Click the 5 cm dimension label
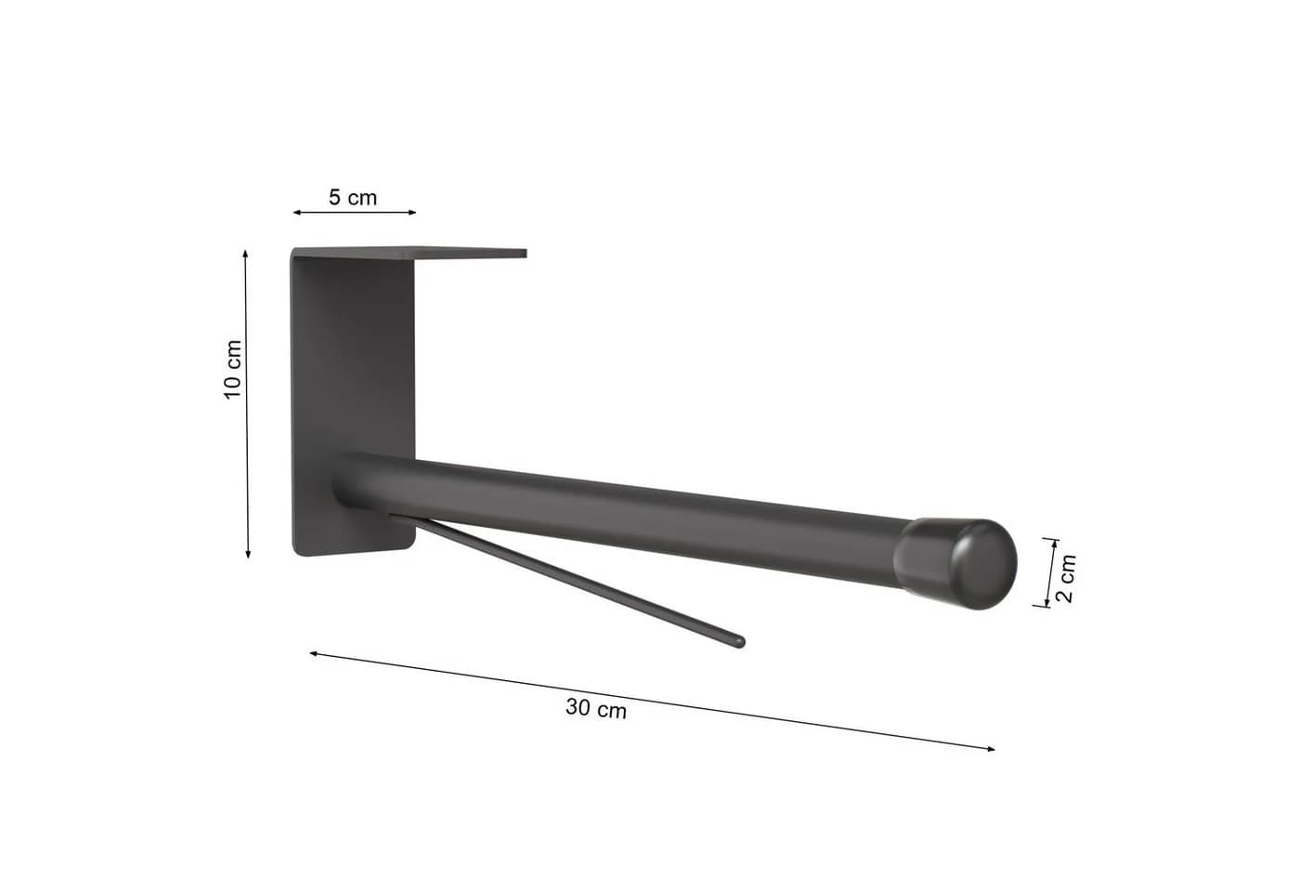pos(353,197)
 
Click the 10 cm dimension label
pos(232,370)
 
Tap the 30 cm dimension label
pos(596,708)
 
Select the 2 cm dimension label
pos(1068,578)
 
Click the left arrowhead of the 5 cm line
pos(296,213)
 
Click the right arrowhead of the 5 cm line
pos(412,213)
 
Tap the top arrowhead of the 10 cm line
pos(245,254)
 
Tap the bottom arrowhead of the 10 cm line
pos(249,554)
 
